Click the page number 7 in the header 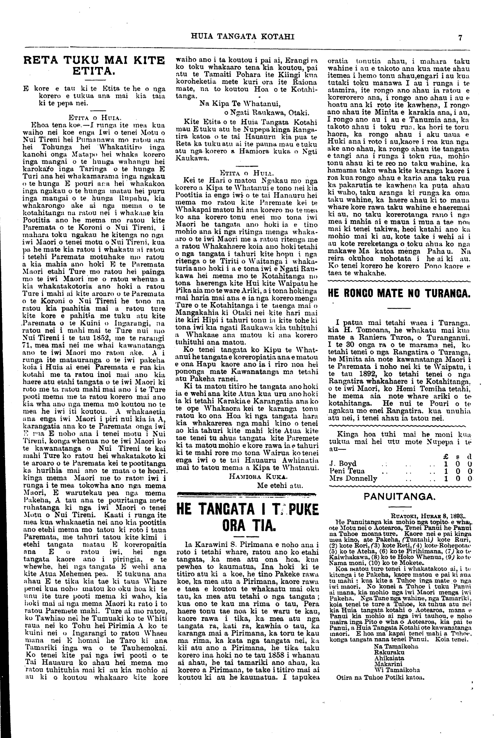(460, 38)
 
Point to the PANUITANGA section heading (399, 497)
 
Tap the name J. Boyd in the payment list (343, 463)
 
